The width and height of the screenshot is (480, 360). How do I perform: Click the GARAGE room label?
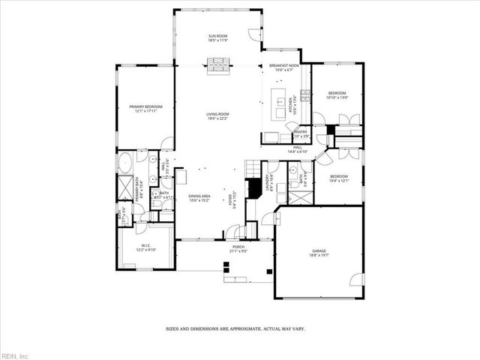point(319,253)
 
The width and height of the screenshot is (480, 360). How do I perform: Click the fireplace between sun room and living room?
point(217,65)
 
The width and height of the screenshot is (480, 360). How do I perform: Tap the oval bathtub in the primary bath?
point(125,161)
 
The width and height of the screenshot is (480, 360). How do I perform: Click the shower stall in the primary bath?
point(123,186)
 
